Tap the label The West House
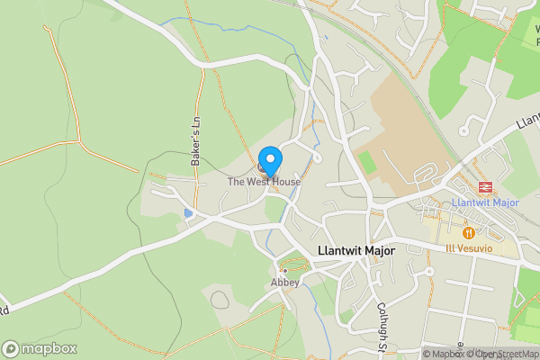pos(264,182)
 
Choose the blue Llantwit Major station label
pos(487,202)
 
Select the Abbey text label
pos(285,282)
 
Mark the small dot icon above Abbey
pos(285,270)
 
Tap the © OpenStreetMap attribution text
pos(504,354)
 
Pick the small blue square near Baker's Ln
pos(188,213)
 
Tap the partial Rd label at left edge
pos(4,310)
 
